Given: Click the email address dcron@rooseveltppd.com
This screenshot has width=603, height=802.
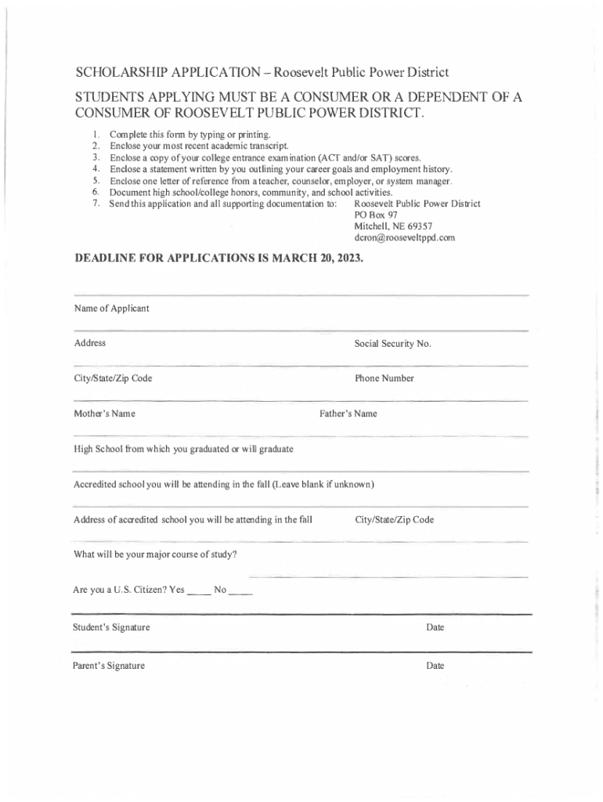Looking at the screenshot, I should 404,237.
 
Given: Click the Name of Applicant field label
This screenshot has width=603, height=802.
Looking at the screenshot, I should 111,309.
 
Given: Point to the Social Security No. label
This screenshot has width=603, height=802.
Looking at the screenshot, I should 392,344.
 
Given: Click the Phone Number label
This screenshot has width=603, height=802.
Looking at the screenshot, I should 384,378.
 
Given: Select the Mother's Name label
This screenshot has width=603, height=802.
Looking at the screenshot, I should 104,414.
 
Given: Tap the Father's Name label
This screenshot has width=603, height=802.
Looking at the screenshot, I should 348,414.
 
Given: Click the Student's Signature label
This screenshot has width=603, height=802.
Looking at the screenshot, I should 111,628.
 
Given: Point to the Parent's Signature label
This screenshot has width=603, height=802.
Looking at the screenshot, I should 109,666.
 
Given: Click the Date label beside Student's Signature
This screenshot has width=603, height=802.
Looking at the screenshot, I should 435,628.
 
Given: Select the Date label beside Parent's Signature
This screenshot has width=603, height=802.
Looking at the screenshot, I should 435,666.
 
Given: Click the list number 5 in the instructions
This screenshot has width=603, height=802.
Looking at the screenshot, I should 95,180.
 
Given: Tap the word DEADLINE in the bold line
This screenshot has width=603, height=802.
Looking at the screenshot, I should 107,257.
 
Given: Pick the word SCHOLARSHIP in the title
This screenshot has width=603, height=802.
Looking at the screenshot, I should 120,73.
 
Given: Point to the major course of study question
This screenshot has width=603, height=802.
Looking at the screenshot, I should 155,555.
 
